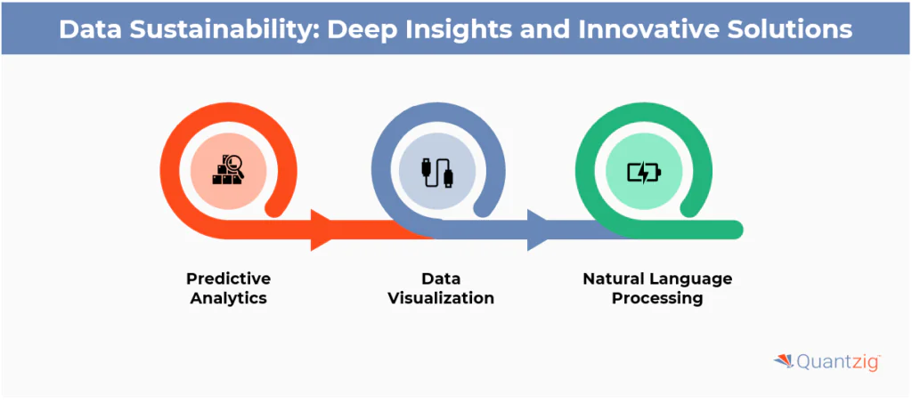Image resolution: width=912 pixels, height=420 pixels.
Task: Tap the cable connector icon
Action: point(436,172)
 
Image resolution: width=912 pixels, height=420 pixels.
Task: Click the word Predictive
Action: point(229,279)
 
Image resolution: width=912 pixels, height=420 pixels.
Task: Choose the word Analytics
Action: point(229,299)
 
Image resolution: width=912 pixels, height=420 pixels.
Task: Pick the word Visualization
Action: point(441,299)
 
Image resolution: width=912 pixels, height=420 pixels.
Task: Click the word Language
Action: point(692,279)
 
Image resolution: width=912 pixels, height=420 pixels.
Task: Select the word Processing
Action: point(657,299)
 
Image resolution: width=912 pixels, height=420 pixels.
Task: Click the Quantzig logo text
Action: point(836,362)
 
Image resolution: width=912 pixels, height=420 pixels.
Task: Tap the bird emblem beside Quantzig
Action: point(782,360)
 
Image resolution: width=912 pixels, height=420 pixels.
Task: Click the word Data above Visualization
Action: point(441,279)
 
